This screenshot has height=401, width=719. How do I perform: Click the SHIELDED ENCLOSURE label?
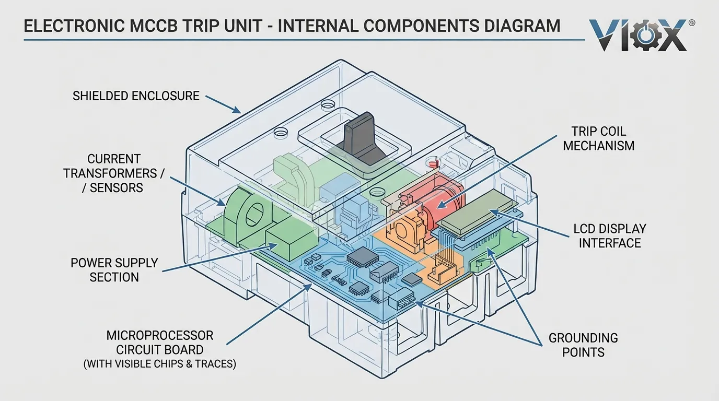pyautogui.click(x=136, y=96)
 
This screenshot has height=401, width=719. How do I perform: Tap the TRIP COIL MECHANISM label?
pyautogui.click(x=598, y=138)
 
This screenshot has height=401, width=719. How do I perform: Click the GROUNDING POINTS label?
pyautogui.click(x=583, y=345)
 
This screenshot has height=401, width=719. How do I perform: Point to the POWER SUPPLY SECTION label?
pyautogui.click(x=114, y=270)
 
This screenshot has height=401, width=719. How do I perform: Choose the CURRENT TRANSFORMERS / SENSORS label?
pyautogui.click(x=113, y=173)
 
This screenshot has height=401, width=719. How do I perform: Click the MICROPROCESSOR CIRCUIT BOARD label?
pyautogui.click(x=159, y=342)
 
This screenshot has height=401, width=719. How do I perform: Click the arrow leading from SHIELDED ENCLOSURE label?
pyautogui.click(x=223, y=104)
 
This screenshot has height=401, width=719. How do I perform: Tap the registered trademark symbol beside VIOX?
pyautogui.click(x=692, y=23)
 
